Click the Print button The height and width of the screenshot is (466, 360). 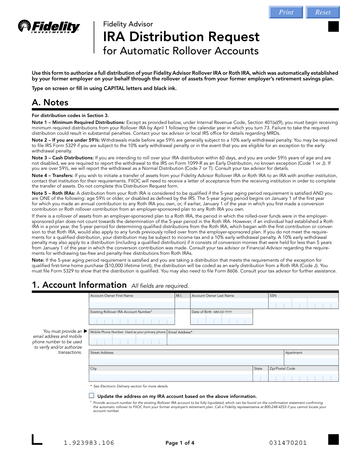point(286,12)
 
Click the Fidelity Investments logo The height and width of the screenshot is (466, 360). point(49,27)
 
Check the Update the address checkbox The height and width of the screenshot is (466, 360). point(91,396)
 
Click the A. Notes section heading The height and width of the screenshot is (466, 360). point(50,103)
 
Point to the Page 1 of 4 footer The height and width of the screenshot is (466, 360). point(180,443)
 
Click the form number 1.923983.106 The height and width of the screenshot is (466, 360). point(89,443)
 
